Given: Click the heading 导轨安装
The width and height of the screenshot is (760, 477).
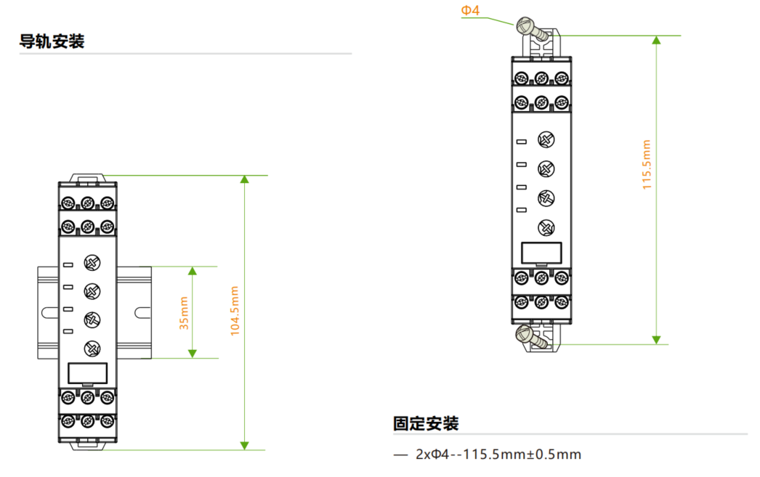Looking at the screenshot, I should coord(52,41).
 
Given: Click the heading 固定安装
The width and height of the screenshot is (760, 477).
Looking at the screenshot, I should coord(426,423).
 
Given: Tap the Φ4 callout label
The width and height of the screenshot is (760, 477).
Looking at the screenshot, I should coord(471,10).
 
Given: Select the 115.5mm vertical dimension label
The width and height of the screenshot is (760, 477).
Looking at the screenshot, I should coord(647,165).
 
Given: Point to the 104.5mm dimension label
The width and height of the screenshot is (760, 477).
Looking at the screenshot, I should coord(234,310).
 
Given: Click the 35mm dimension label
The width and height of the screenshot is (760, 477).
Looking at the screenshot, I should coord(184,313).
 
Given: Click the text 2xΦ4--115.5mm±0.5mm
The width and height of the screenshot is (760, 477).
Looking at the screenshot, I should coord(498,455).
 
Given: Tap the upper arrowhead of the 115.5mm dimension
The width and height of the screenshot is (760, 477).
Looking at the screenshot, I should coord(656,40).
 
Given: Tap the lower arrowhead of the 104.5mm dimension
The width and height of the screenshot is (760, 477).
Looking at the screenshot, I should coord(245,444).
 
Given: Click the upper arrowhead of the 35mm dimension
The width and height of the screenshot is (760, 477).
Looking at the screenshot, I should coord(193,271).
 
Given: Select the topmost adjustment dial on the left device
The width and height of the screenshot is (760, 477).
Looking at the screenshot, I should coord(92,264).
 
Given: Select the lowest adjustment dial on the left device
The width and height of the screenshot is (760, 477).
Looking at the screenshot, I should coord(92,348).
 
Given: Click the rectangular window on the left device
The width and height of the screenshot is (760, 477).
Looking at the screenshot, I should coord(88,372).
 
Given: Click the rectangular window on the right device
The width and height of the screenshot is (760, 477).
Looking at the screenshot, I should coord(541,252).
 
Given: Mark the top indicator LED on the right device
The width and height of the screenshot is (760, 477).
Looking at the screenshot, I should coord(521,141).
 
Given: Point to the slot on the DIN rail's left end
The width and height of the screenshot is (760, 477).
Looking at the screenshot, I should coord(48,312).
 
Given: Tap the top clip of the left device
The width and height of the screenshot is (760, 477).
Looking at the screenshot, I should coord(88,176).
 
